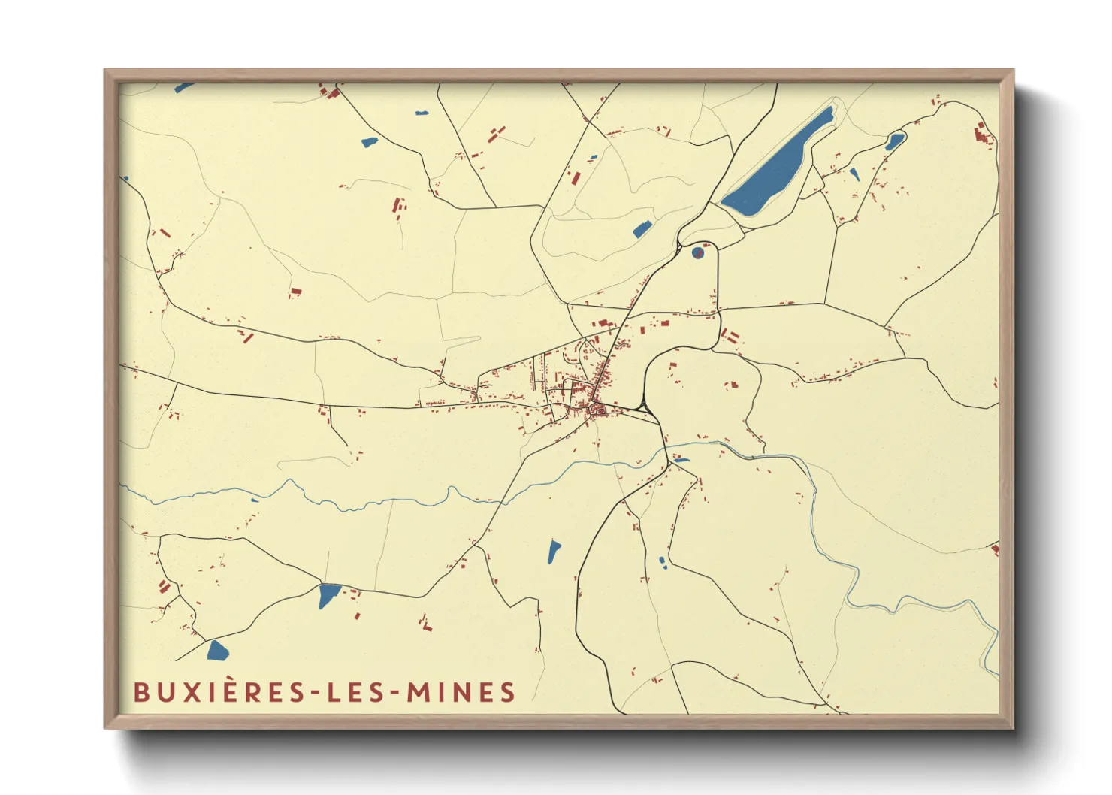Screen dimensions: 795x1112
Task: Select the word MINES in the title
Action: (x=461, y=692)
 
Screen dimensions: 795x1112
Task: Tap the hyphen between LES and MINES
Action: (x=396, y=693)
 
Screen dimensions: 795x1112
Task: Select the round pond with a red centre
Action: (x=698, y=252)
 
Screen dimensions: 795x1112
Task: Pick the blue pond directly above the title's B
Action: (x=217, y=650)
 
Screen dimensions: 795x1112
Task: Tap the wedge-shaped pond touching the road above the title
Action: (x=328, y=595)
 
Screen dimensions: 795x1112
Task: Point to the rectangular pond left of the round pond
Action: (x=641, y=230)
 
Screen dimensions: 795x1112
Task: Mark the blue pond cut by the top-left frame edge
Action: (x=183, y=88)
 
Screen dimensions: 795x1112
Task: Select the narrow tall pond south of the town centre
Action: (x=554, y=552)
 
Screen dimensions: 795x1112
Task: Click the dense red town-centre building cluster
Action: (x=598, y=409)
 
